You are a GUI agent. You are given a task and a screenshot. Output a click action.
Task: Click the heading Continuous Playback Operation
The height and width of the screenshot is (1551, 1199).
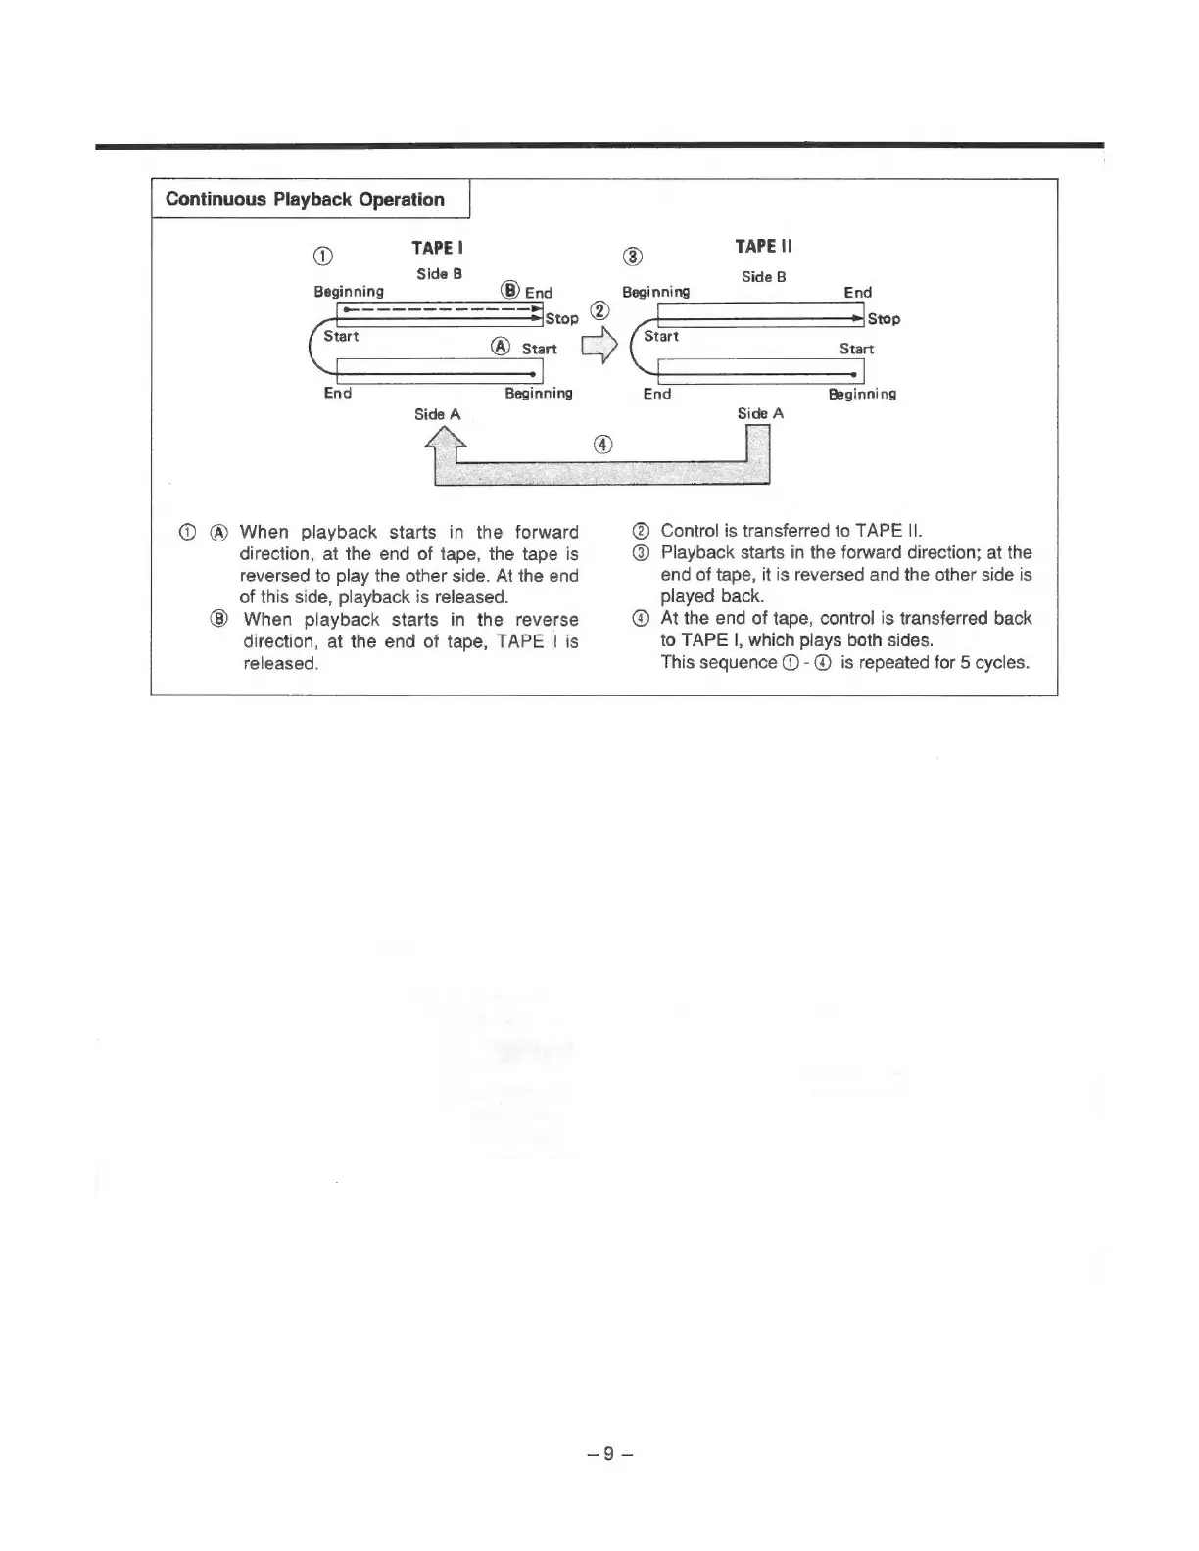(x=305, y=200)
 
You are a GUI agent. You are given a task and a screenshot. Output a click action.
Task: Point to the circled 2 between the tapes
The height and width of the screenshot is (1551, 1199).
(x=600, y=311)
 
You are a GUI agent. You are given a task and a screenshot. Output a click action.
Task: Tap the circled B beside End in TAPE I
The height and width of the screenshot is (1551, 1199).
(x=509, y=290)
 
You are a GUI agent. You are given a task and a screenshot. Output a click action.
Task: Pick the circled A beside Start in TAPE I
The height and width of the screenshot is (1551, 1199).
(x=501, y=347)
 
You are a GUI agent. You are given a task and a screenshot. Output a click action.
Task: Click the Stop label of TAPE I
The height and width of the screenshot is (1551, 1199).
(x=562, y=318)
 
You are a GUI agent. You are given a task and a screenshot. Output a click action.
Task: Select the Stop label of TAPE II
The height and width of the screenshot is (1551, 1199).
(x=884, y=319)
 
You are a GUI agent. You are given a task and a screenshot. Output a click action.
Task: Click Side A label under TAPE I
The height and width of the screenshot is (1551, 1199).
(x=437, y=414)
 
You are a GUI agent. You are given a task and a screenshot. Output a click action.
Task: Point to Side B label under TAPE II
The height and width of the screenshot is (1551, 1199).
(x=763, y=277)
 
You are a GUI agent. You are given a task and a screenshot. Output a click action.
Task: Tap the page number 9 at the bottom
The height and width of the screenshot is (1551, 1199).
(x=607, y=1453)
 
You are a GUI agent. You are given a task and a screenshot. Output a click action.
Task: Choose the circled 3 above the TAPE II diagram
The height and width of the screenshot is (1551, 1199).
(x=633, y=257)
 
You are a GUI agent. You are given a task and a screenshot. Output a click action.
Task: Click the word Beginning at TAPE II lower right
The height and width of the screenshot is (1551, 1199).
(x=862, y=394)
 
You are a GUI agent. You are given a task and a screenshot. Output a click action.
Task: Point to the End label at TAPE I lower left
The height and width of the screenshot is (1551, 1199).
(x=338, y=393)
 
